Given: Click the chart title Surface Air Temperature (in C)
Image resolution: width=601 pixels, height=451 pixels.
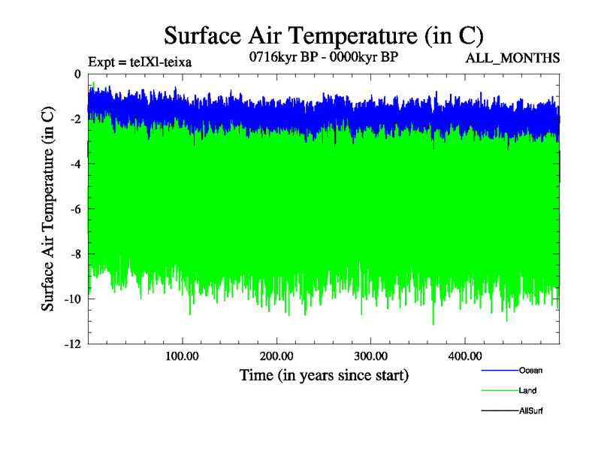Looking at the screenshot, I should click(323, 35).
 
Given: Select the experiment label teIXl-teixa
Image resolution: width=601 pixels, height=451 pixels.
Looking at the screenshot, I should click(140, 62).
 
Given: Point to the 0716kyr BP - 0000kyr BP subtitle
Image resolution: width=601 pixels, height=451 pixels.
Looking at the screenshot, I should click(323, 57).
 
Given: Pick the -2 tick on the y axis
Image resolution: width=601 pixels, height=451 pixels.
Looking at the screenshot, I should click(74, 119).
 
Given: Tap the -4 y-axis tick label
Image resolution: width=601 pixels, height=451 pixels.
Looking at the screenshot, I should click(74, 164).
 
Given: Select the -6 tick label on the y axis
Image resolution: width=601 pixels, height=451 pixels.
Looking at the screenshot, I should click(74, 209).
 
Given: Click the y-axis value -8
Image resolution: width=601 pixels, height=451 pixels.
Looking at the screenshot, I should click(74, 254).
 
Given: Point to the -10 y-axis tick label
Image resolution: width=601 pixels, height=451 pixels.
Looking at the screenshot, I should click(72, 299).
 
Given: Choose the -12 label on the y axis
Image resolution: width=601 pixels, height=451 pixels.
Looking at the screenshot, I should click(72, 344).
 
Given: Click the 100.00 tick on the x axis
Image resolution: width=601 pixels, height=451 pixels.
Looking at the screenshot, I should click(181, 355).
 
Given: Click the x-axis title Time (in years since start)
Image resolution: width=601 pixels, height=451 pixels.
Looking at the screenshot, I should click(324, 374).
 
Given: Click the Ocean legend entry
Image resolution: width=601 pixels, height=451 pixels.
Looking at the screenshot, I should click(530, 371).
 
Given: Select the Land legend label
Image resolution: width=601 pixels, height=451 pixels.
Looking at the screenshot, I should click(527, 391).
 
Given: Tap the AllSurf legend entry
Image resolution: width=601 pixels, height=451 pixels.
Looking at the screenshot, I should click(530, 411).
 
